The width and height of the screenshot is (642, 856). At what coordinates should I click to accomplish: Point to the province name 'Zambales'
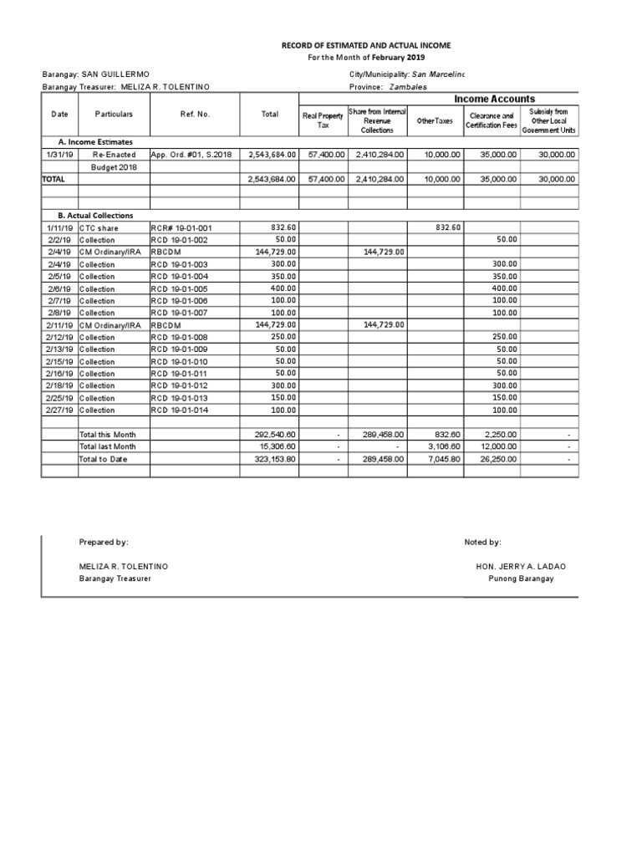pyautogui.click(x=409, y=87)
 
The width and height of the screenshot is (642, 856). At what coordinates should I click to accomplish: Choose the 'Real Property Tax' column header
pyautogui.click(x=323, y=120)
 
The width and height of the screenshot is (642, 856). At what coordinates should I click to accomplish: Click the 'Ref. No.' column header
pyautogui.click(x=193, y=115)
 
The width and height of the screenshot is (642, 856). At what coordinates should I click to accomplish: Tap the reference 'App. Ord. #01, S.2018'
pyautogui.click(x=194, y=155)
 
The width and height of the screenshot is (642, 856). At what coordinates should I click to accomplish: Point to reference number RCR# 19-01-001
pyautogui.click(x=181, y=227)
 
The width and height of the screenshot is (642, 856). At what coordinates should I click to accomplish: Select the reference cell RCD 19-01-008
pyautogui.click(x=181, y=337)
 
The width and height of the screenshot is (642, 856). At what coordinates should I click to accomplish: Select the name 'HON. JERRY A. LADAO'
pyautogui.click(x=520, y=567)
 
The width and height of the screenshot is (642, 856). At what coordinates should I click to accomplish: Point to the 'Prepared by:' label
pyautogui.click(x=104, y=543)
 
